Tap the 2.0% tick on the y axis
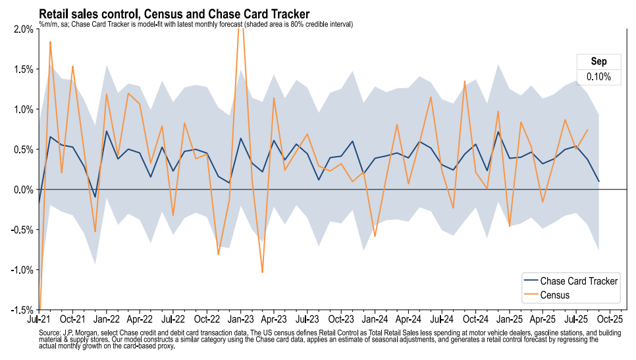23,29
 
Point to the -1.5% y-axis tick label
22,310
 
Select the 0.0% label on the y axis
23,190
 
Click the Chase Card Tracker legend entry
579,281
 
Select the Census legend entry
555,295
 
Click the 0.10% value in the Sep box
598,77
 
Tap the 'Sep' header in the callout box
598,61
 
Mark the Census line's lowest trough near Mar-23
263,272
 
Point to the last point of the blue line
598,182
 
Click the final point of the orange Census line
587,130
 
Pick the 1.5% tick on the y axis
23,69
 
